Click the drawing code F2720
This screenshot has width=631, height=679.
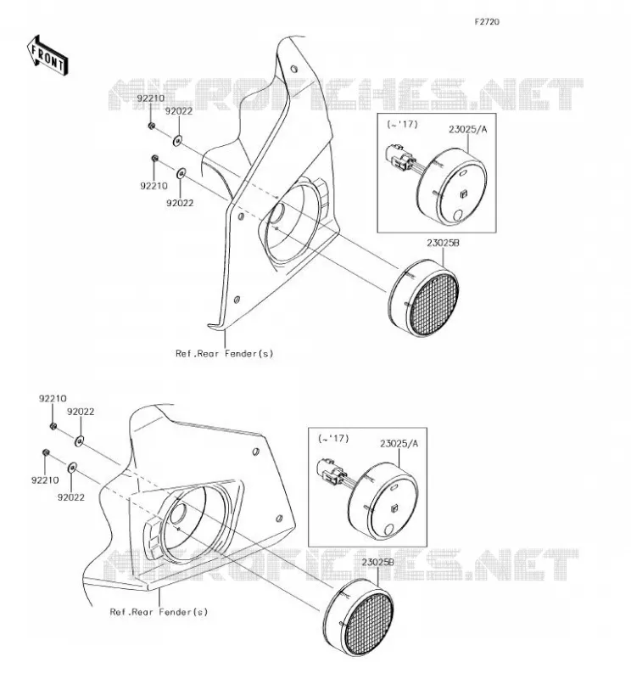coord(487,22)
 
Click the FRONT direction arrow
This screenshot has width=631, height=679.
coord(47,56)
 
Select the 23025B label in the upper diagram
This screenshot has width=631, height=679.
coord(444,243)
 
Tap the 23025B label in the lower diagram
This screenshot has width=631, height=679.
coord(377,562)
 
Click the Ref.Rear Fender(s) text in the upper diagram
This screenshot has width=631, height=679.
coord(224,353)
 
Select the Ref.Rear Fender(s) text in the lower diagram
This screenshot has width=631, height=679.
coord(159,612)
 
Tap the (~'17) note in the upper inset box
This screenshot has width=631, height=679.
coord(403,124)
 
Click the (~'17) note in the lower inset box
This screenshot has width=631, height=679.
coord(333,438)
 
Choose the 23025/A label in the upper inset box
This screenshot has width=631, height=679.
coord(467,129)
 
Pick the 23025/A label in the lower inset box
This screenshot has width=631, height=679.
coord(399,443)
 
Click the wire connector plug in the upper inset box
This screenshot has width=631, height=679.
coord(399,157)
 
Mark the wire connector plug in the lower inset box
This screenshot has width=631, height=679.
coord(330,472)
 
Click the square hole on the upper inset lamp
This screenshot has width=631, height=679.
coord(464,194)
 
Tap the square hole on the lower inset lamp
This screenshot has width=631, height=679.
coord(394,508)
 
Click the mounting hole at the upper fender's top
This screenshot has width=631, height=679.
coord(293,69)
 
